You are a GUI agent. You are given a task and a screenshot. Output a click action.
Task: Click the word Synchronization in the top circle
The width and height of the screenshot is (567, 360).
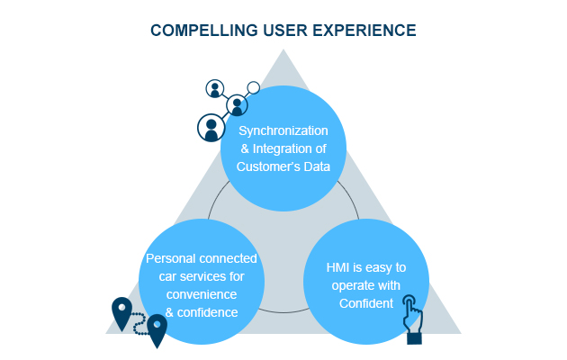(x=283, y=130)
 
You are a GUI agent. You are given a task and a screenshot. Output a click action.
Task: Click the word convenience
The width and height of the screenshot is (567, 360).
(x=201, y=294)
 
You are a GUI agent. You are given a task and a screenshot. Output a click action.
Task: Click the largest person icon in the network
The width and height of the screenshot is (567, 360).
(x=211, y=127)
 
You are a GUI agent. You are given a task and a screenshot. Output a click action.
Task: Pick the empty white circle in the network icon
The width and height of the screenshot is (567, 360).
(x=254, y=88)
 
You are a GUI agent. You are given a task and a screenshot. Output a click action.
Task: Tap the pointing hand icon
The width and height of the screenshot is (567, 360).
(x=412, y=315)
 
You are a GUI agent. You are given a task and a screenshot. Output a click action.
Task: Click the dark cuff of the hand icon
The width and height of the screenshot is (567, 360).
(x=414, y=338)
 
